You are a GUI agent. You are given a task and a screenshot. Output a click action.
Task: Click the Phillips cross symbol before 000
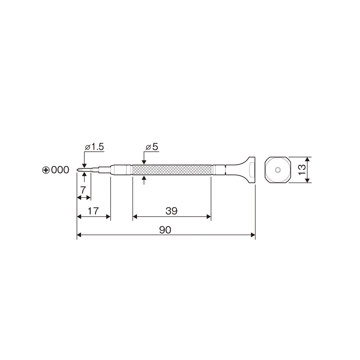click(x=46, y=170)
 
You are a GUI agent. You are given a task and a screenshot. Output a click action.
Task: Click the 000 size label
click(x=60, y=170)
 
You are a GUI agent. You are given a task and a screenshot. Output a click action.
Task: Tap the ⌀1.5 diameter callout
click(x=94, y=147)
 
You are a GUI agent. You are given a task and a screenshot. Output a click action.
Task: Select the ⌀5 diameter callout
click(x=152, y=147)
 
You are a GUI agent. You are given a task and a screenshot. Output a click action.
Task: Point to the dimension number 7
click(x=83, y=190)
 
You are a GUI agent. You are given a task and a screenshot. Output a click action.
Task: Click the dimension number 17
click(x=93, y=211)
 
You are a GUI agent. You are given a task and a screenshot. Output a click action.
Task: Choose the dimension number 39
click(x=172, y=211)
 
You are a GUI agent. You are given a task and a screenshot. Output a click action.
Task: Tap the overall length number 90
click(x=165, y=230)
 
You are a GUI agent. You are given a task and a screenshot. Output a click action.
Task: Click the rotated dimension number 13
click(x=302, y=170)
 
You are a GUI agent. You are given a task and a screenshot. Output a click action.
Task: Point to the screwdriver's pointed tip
click(x=77, y=170)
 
